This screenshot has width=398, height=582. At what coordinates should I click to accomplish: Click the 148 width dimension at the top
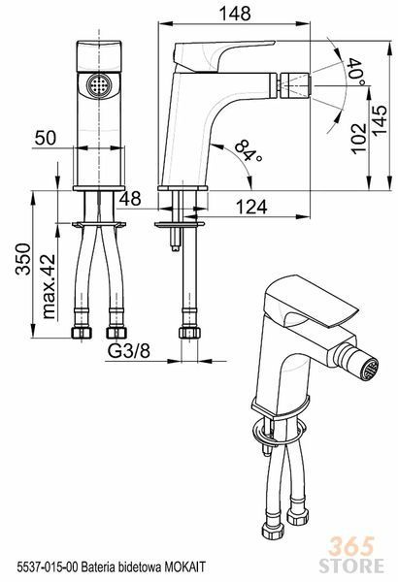coord(235,14)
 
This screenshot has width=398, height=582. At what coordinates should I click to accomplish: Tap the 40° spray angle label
coord(356,72)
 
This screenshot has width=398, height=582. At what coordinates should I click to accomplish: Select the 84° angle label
coord(249,150)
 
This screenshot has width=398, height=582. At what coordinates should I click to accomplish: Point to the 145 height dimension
coord(380,120)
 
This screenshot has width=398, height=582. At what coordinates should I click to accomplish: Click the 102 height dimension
coord(358,138)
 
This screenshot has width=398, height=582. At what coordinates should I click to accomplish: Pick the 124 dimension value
coord(251,207)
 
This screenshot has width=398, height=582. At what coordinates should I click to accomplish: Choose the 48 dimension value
coord(130,199)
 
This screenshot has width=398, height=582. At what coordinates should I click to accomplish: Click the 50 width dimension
coord(46,138)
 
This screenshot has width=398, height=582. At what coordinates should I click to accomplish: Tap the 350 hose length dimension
coord(22,259)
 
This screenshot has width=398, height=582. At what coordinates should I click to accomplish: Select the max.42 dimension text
coord(49,286)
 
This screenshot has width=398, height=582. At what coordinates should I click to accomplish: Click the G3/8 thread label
coord(128,351)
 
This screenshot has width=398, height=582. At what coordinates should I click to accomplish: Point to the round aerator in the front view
coord(99,85)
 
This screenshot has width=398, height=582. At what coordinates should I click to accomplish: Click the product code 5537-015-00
coord(48,566)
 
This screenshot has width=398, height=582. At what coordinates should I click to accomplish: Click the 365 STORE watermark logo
coord(350,555)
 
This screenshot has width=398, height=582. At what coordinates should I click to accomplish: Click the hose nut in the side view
coord(189,332)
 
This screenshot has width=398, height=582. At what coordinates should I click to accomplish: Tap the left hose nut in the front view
coord(82,332)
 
